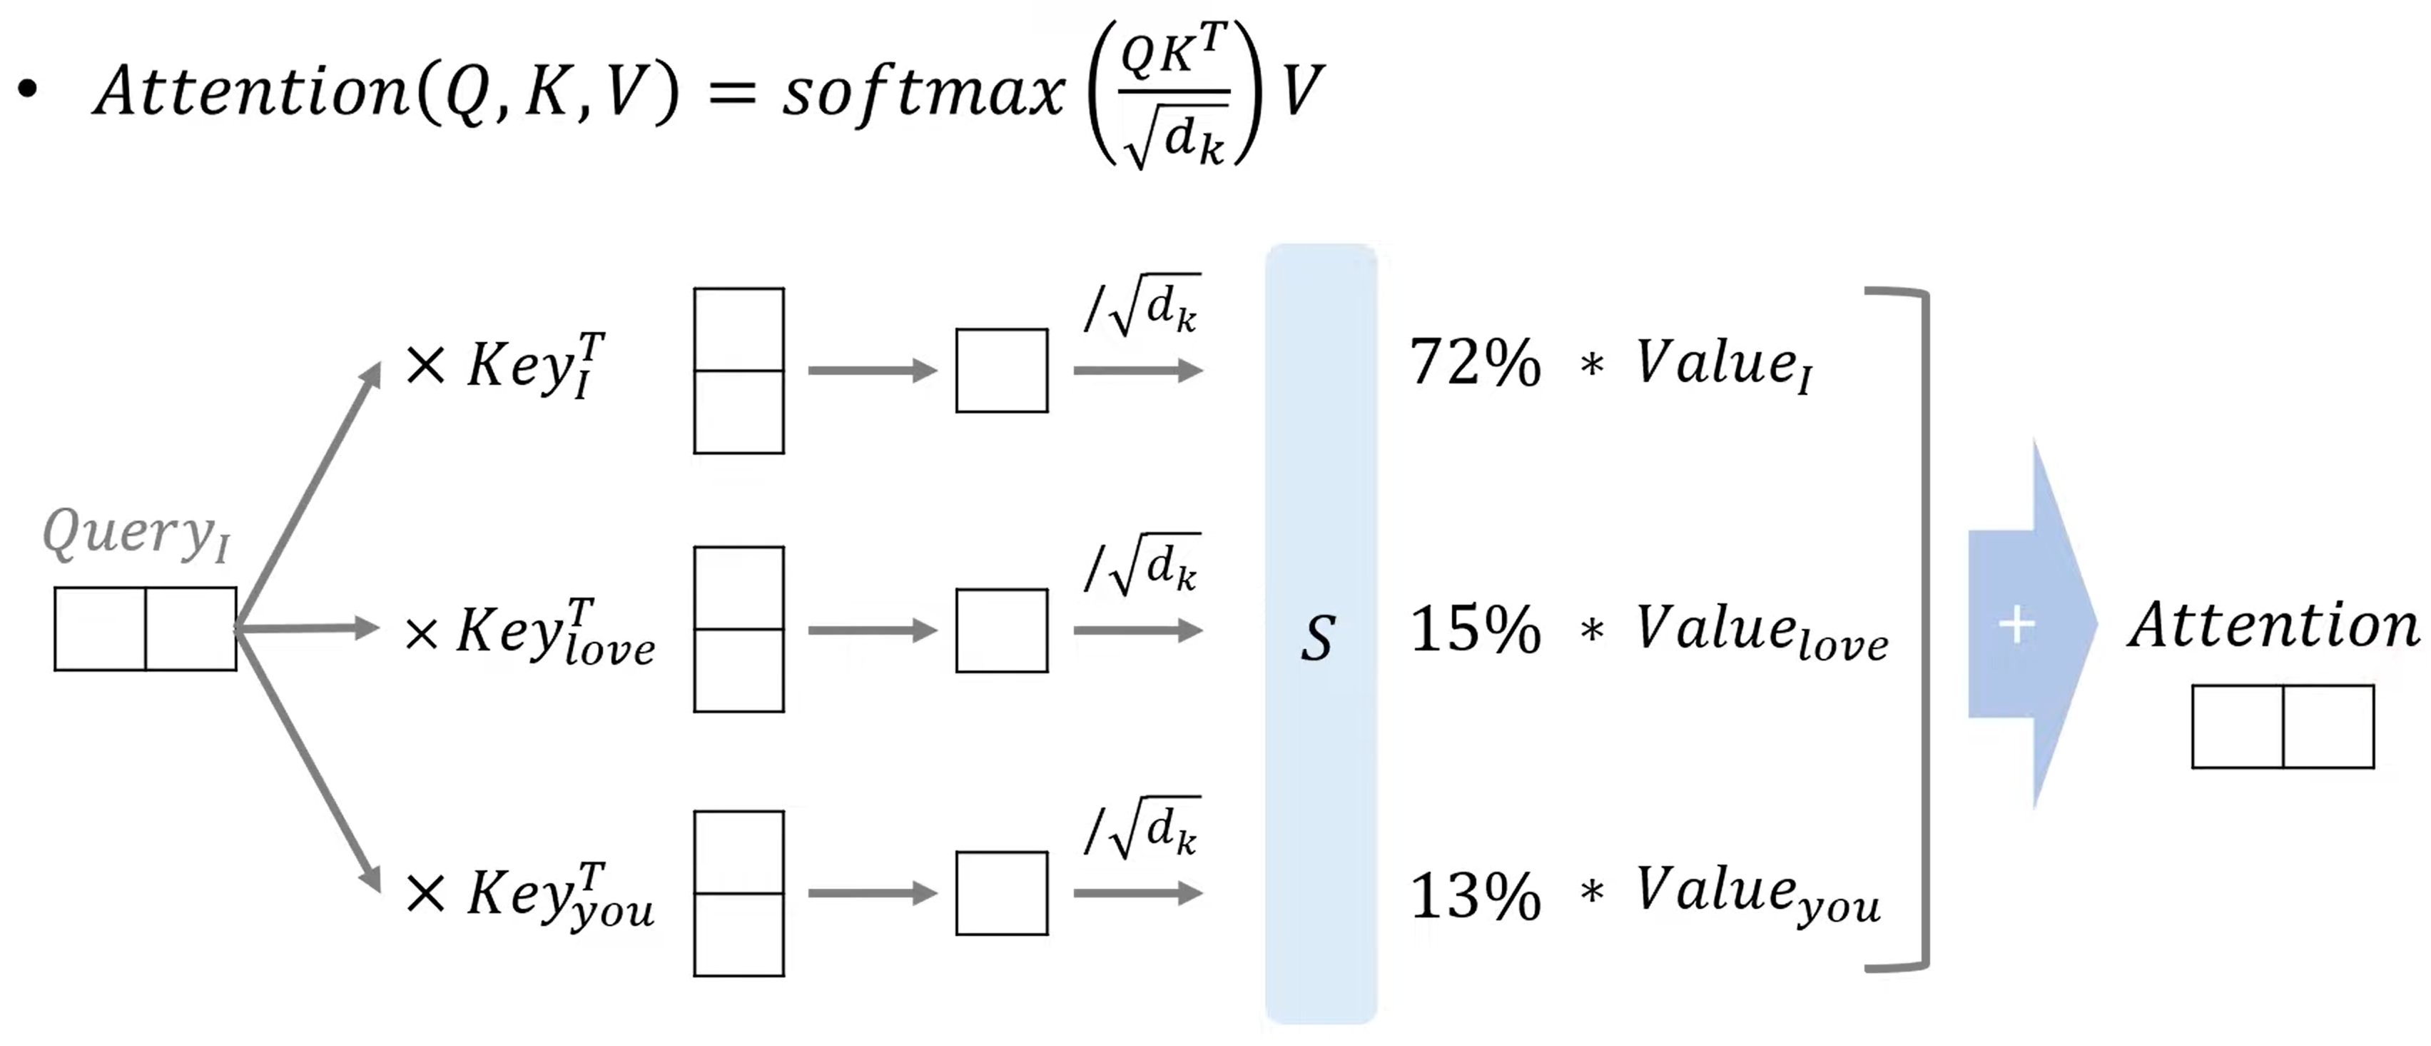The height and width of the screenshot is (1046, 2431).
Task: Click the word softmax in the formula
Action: click(x=923, y=94)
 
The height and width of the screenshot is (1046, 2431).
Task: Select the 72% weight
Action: click(x=1474, y=363)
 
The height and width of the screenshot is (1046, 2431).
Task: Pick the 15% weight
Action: click(x=1474, y=630)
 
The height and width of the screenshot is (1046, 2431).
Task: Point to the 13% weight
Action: click(x=1474, y=896)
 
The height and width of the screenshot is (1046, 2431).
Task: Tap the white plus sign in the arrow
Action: click(x=2016, y=625)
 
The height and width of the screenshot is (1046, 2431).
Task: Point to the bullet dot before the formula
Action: click(x=29, y=90)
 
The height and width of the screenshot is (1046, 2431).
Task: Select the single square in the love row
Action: click(x=1001, y=630)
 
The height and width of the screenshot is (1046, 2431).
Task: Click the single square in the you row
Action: click(x=1001, y=893)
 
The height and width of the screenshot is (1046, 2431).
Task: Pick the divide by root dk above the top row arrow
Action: click(x=1142, y=307)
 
